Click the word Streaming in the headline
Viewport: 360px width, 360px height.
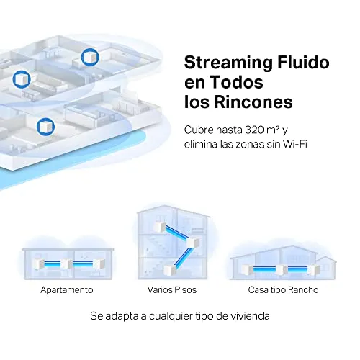pos(228,63)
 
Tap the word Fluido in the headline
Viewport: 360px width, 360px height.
pos(303,63)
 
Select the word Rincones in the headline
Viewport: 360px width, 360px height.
pos(253,102)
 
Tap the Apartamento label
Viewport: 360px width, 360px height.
pos(67,290)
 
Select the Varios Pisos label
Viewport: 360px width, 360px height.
pos(172,290)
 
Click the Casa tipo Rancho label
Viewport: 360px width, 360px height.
pos(283,290)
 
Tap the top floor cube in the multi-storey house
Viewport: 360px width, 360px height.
pos(160,227)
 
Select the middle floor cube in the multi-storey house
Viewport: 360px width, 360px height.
pos(193,243)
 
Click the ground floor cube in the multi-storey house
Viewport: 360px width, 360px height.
pos(170,271)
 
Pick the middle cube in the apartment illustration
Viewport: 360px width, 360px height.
pos(66,264)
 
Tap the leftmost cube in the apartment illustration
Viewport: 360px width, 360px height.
pos(39,264)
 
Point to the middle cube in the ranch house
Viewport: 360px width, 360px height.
pos(282,270)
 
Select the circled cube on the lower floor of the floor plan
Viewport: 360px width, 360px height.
pos(45,127)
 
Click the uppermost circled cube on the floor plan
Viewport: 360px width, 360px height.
pos(90,57)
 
